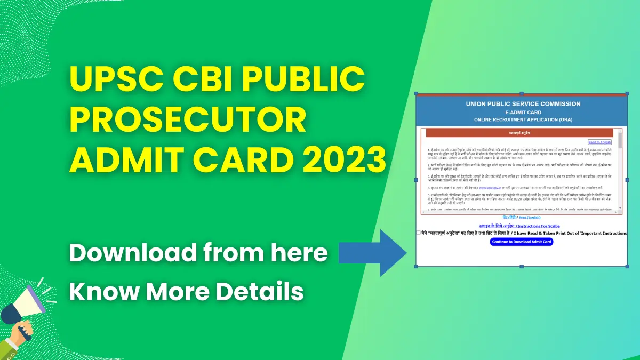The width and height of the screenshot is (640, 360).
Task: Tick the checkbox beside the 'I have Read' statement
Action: [x=419, y=233]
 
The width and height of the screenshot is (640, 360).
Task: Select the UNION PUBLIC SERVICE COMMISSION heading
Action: [x=523, y=104]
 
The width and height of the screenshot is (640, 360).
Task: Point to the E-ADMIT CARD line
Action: [x=523, y=113]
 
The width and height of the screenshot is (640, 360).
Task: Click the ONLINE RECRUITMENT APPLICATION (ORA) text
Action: [x=523, y=120]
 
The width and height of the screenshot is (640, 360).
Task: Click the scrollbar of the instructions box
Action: [x=619, y=171]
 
